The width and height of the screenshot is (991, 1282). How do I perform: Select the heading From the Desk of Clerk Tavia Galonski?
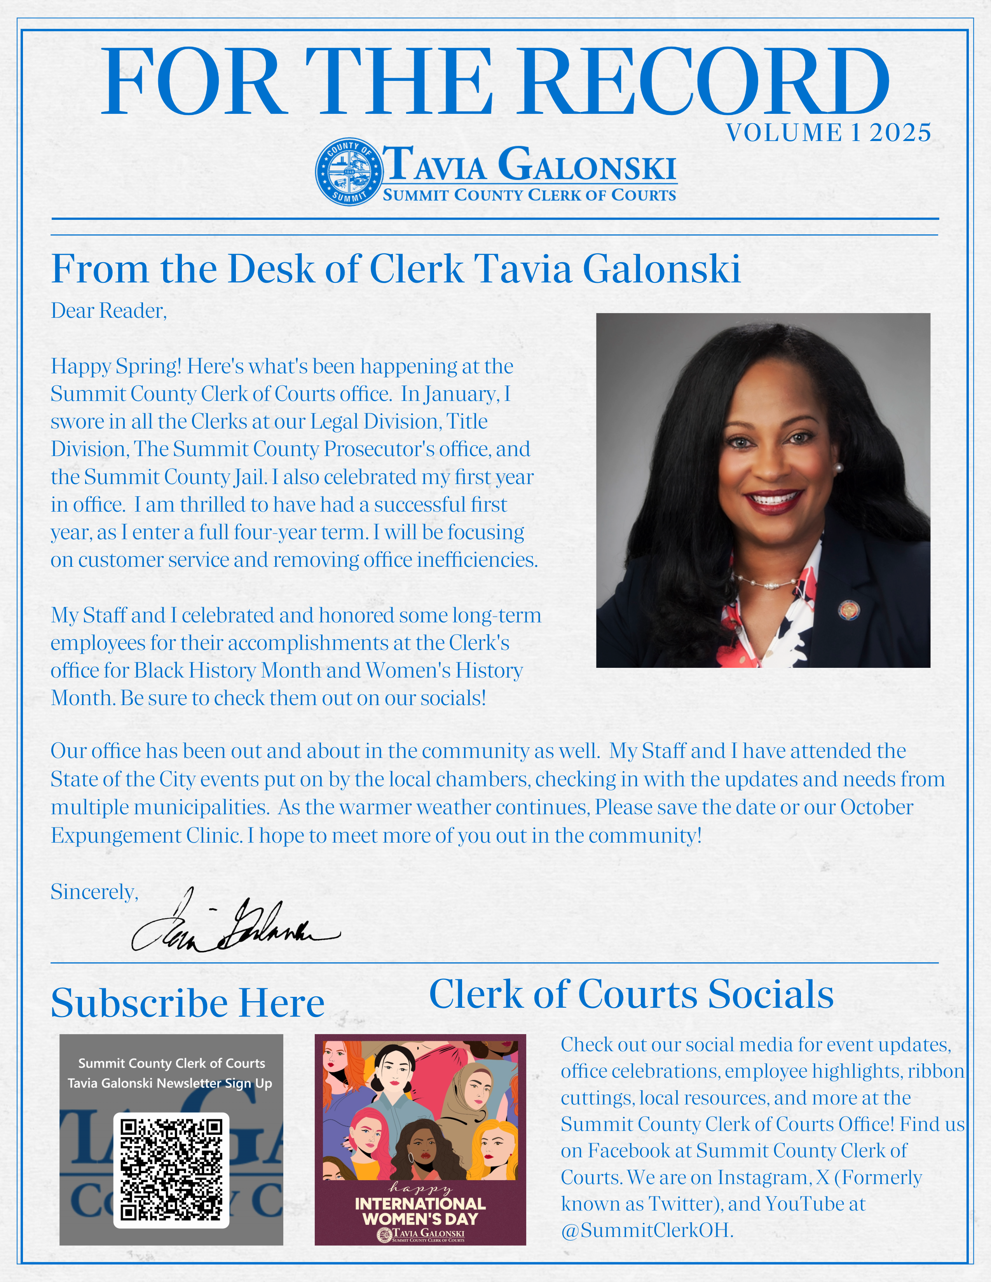click(x=395, y=270)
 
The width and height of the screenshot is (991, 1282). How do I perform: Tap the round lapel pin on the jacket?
click(x=848, y=610)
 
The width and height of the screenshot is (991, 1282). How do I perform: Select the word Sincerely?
click(x=94, y=892)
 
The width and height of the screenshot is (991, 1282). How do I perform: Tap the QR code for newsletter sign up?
click(x=171, y=1169)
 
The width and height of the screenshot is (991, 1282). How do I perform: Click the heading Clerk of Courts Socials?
click(x=631, y=995)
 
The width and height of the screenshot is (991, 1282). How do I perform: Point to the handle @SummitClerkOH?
click(x=646, y=1230)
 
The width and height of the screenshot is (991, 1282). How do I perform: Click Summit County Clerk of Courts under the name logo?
click(x=529, y=195)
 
